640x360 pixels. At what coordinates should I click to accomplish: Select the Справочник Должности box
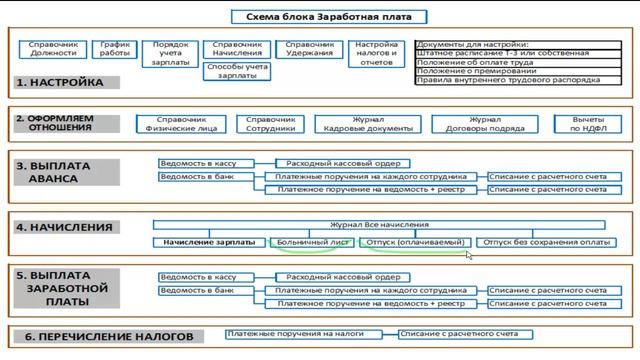tap(54, 51)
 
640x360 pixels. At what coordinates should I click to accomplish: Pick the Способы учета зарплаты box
tap(236, 69)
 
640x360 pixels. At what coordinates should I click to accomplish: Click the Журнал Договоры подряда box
tap(484, 123)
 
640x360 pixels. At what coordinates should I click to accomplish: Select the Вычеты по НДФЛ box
tap(589, 123)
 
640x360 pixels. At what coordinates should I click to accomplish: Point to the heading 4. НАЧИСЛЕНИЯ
tap(65, 227)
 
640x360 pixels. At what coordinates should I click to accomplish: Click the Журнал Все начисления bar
tap(378, 225)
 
